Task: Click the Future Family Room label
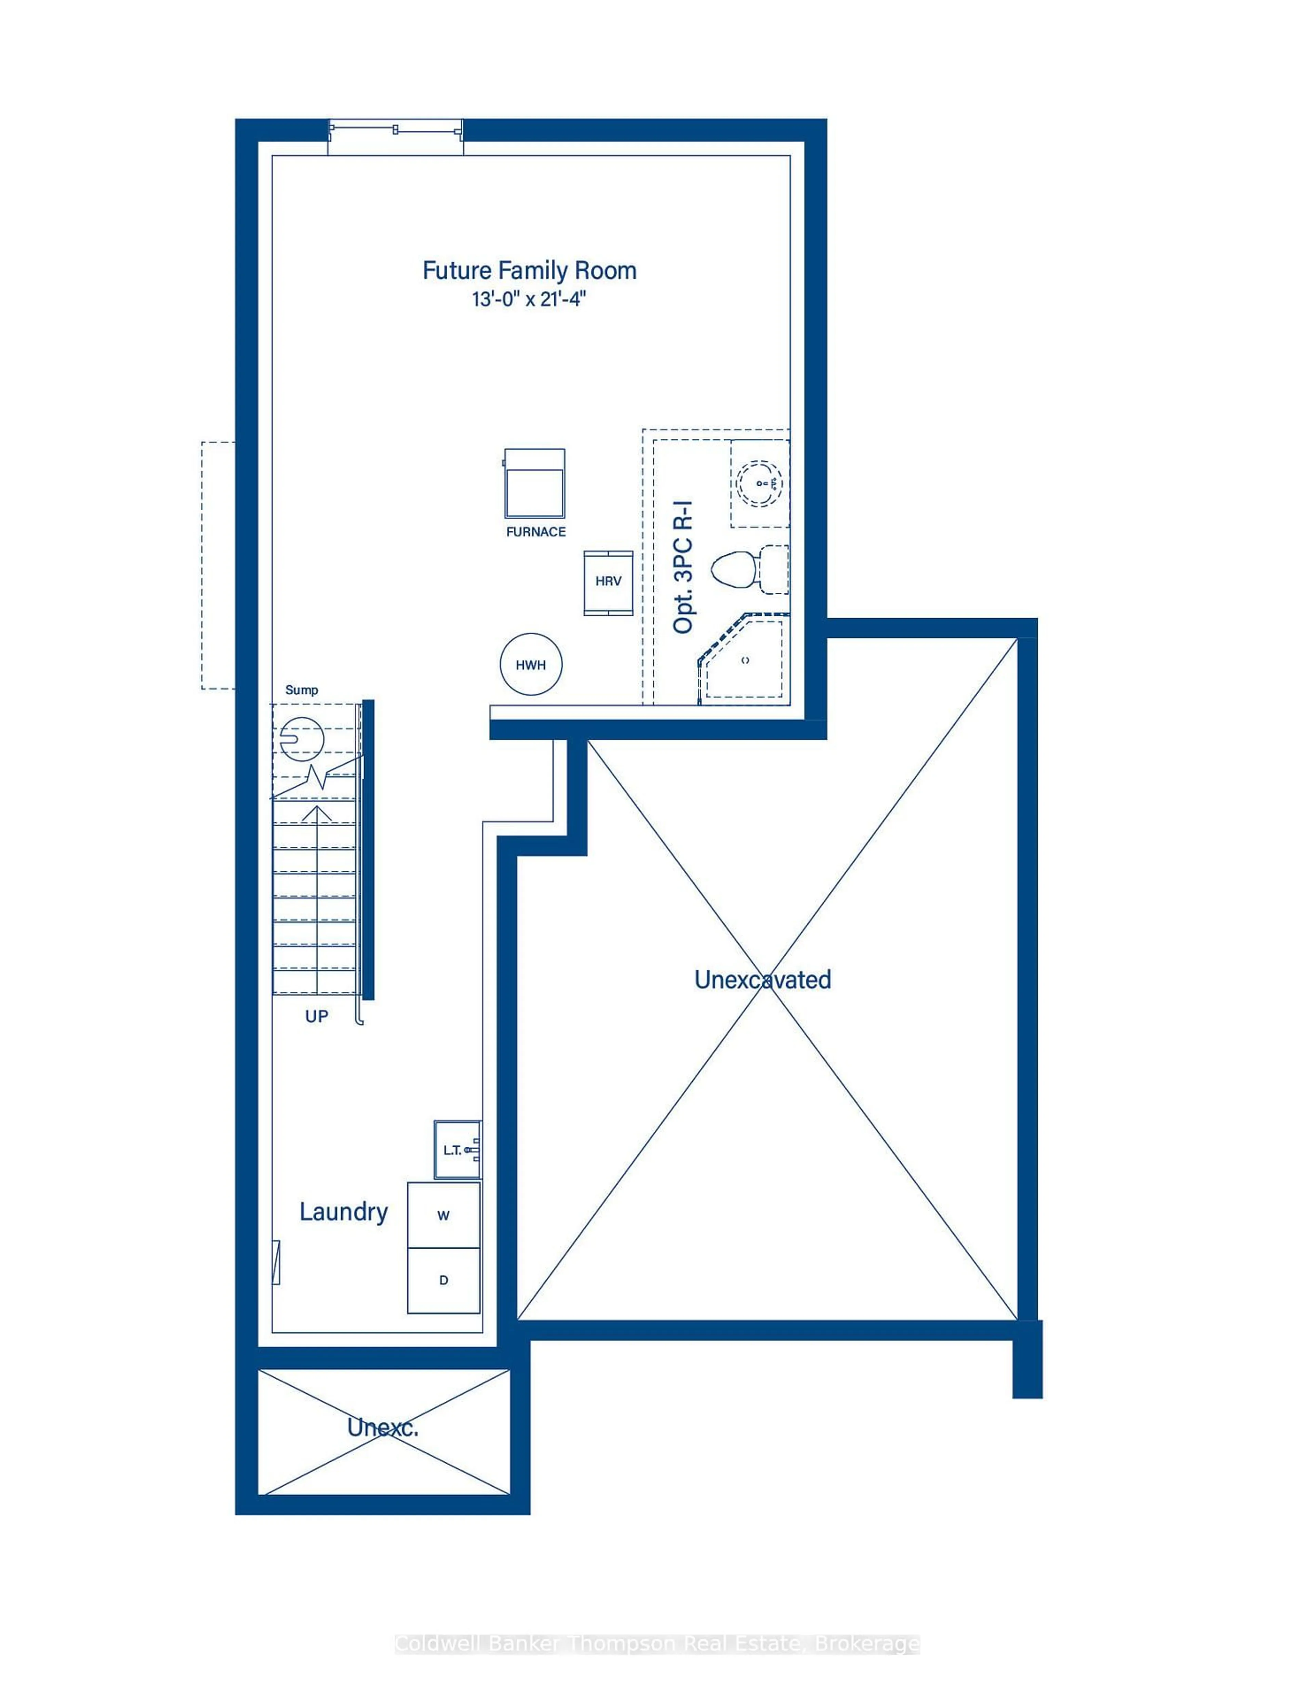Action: [529, 271]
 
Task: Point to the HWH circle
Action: [530, 664]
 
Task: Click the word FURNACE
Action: [535, 532]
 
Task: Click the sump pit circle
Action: [301, 738]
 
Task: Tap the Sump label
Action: [301, 690]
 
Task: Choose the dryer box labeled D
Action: [443, 1280]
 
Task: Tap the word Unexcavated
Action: [762, 979]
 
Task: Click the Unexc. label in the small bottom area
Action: [383, 1427]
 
